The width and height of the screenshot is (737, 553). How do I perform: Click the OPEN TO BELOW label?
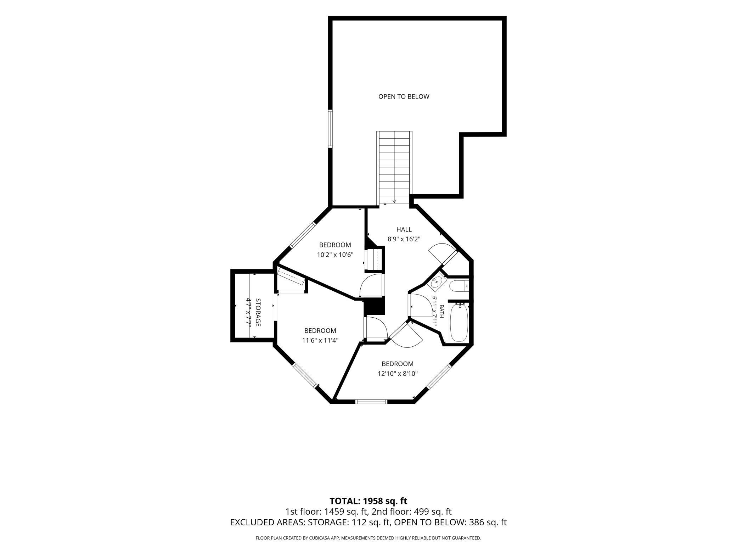click(404, 96)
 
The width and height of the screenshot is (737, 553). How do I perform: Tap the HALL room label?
click(404, 230)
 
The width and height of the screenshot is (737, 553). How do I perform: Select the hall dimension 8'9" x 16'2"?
click(404, 239)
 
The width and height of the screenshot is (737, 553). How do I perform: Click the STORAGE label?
click(258, 312)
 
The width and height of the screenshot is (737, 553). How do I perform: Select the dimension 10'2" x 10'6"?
click(335, 255)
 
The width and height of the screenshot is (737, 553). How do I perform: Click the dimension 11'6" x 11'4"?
click(320, 341)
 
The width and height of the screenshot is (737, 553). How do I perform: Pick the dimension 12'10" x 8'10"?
click(398, 373)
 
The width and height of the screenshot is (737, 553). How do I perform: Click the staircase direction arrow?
click(394, 201)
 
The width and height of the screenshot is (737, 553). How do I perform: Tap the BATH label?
click(441, 311)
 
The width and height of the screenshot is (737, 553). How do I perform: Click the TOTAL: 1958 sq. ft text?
click(368, 501)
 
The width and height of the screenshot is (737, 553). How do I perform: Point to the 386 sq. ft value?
click(488, 522)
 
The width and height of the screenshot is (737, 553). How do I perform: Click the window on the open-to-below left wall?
click(330, 128)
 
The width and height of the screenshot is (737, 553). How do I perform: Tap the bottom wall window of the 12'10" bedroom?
click(371, 402)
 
